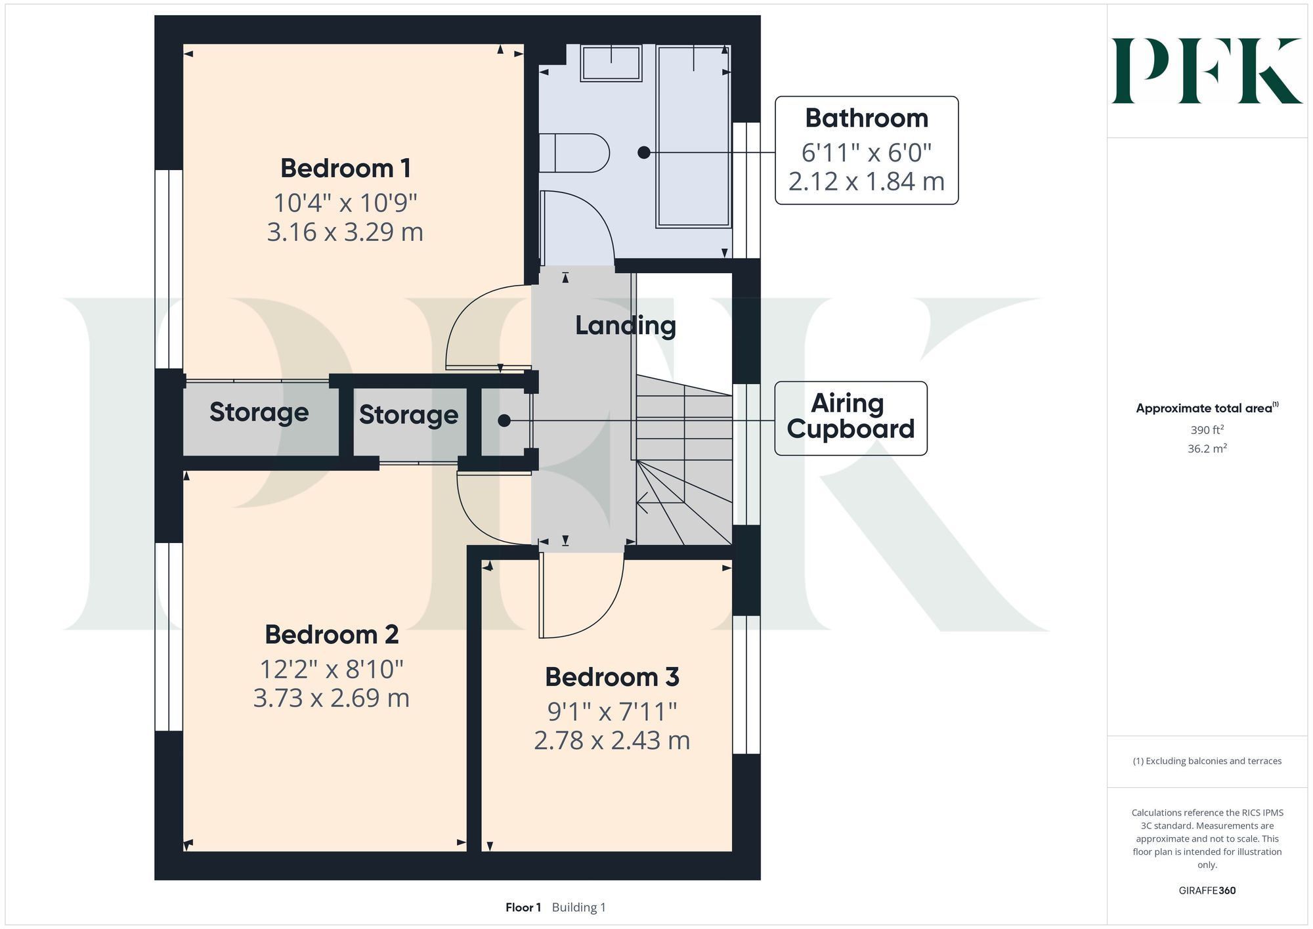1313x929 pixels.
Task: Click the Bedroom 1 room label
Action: coord(346,169)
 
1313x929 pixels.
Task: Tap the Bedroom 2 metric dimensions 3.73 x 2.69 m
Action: coord(332,698)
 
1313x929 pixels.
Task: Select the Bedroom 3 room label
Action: coord(612,677)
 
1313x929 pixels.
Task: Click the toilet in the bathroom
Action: coord(574,153)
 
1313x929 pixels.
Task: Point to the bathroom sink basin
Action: coord(611,62)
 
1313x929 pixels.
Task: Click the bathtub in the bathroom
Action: coord(694,137)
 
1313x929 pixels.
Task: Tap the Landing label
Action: coord(626,326)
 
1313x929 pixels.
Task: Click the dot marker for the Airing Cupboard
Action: coord(504,421)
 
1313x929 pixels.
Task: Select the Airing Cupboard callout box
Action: coord(851,418)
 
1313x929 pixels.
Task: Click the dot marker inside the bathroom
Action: coord(644,152)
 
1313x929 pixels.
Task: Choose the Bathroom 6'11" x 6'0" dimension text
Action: coord(867,153)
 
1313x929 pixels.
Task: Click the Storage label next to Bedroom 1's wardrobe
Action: coord(259,412)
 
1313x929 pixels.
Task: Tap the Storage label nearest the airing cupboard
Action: coord(408,415)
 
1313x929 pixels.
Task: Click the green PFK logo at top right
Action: coord(1207,71)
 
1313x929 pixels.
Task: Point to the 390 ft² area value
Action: coord(1207,430)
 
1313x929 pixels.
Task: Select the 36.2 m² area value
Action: coord(1207,449)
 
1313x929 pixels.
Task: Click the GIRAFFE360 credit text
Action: coord(1207,891)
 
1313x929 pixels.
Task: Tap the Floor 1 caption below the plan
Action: coord(523,907)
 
